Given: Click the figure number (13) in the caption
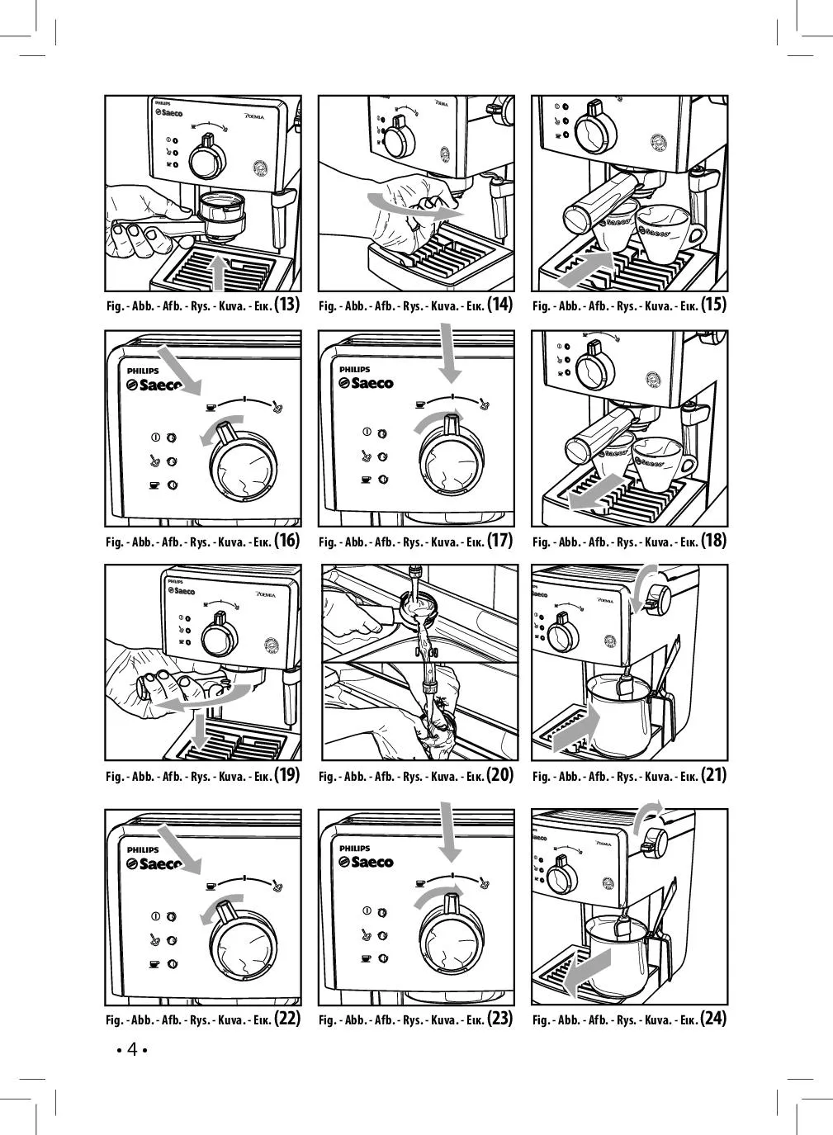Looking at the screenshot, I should [x=286, y=305].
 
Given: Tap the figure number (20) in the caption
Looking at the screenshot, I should [x=500, y=775].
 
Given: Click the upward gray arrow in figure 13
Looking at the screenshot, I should [x=219, y=272].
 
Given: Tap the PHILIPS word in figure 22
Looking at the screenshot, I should [x=143, y=849].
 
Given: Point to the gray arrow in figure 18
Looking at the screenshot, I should [x=599, y=490].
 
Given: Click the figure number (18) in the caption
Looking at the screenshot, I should [x=713, y=541].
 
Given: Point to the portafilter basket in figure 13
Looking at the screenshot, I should [x=220, y=212].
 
